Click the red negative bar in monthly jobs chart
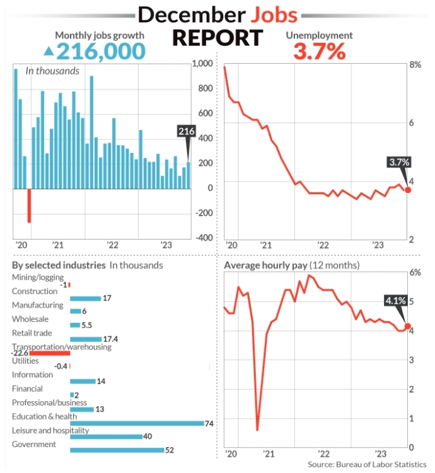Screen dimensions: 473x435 pyautogui.click(x=29, y=205)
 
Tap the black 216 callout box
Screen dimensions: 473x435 pyautogui.click(x=187, y=131)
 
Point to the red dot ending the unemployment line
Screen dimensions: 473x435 pyautogui.click(x=407, y=189)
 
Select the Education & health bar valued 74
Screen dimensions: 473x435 pyautogui.click(x=136, y=423)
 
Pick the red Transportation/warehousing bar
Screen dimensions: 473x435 pyautogui.click(x=49, y=353)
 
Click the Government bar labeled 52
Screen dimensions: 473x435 pyautogui.click(x=117, y=450)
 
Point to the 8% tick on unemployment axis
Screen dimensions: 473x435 pyautogui.click(x=415, y=65)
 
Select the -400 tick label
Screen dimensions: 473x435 pyautogui.click(x=203, y=238)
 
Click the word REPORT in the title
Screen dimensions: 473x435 pyautogui.click(x=217, y=38)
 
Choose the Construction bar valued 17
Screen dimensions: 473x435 pyautogui.click(x=85, y=298)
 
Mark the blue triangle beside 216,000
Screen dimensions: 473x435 pyautogui.click(x=49, y=51)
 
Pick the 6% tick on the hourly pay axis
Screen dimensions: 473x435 pyautogui.click(x=415, y=273)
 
